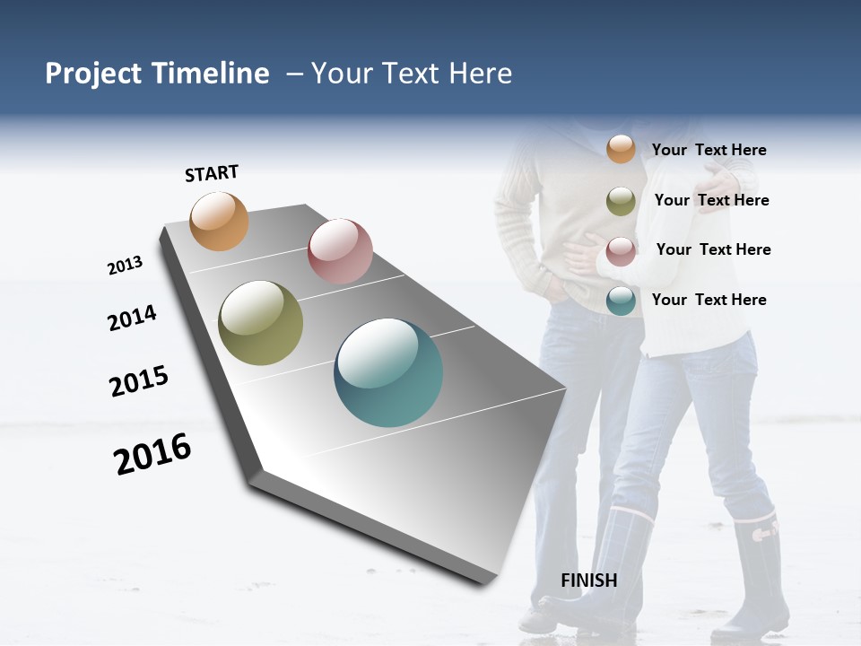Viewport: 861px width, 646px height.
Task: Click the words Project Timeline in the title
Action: (157, 74)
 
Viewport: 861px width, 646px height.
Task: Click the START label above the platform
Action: (212, 173)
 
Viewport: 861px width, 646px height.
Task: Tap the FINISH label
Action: (588, 581)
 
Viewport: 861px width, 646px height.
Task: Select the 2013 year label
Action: (125, 266)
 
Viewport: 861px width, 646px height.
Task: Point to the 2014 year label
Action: (132, 318)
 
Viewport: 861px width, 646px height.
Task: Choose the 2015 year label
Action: (139, 381)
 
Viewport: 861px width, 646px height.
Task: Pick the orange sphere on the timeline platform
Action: (220, 221)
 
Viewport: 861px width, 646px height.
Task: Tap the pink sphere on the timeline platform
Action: (340, 250)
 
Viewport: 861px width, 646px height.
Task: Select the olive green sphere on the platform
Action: (261, 323)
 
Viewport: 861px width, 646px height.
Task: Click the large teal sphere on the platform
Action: (388, 372)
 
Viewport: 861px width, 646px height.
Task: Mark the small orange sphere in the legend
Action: (621, 149)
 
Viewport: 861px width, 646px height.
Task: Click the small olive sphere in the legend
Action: (621, 201)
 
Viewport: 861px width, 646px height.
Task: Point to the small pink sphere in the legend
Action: (621, 251)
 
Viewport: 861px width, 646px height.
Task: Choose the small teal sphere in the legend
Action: (621, 301)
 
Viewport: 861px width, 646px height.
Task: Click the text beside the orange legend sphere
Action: (709, 150)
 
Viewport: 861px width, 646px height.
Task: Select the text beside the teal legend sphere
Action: (709, 300)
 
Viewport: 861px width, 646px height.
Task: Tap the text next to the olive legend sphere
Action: (711, 200)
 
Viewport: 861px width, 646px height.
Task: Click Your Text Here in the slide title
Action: (412, 74)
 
